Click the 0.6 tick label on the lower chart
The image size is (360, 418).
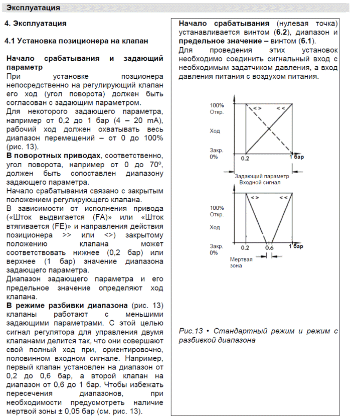pos(269,247)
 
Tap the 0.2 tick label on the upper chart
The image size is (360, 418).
pos(245,159)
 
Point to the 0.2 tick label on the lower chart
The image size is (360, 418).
pos(245,247)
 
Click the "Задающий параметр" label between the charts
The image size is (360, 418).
pos(262,176)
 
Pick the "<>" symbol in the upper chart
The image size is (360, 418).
pos(256,108)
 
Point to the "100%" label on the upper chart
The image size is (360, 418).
pos(217,105)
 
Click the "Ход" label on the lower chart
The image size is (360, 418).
pos(215,227)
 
